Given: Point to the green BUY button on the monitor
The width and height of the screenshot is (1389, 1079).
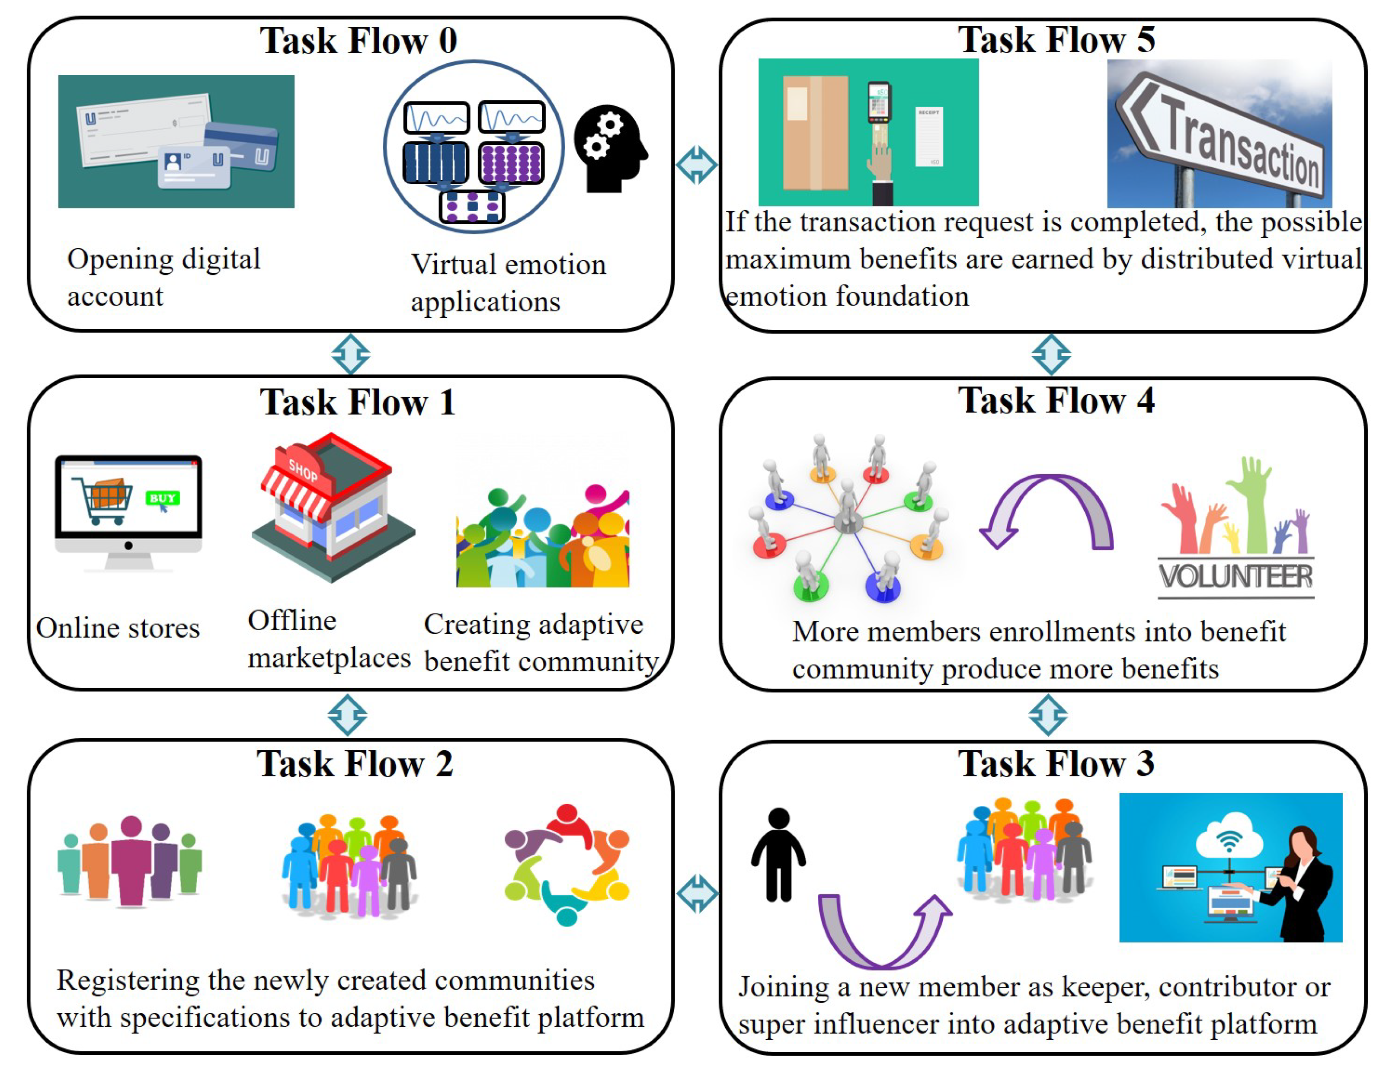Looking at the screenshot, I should click(162, 498).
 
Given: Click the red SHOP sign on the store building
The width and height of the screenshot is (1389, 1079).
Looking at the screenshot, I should click(303, 469).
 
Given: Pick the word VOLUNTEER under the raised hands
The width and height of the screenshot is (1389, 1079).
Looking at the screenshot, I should click(1235, 577).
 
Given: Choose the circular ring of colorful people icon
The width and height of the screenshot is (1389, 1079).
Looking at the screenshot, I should click(566, 865).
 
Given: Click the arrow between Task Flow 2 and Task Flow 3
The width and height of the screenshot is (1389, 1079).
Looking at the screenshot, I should click(697, 894).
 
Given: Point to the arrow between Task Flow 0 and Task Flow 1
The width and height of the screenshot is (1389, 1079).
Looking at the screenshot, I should click(350, 354).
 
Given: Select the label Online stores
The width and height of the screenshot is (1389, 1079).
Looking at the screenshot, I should click(118, 628).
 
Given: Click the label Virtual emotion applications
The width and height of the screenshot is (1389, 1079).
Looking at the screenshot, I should click(508, 282).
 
